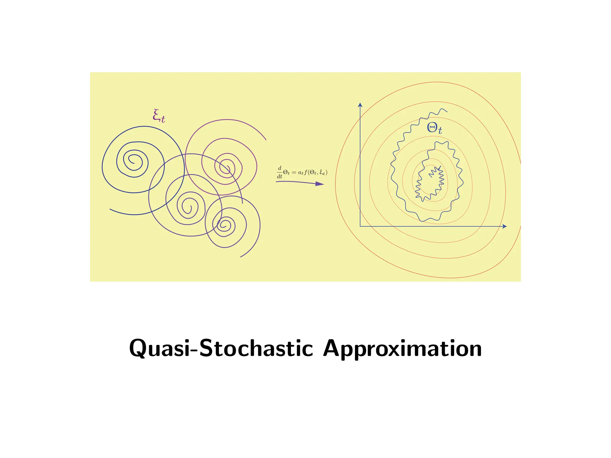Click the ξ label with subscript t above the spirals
click(159, 116)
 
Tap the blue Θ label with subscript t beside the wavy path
click(434, 128)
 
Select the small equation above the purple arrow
click(302, 172)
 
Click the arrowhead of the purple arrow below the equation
click(320, 184)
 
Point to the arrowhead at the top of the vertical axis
click(360, 105)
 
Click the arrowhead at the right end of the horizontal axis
click(504, 226)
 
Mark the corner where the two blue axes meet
click(360, 226)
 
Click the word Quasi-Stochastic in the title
click(221, 348)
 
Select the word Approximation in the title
click(402, 348)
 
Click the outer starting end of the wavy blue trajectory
click(447, 112)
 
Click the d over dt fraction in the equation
click(280, 172)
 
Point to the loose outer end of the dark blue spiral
click(110, 209)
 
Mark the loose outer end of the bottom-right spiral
click(241, 257)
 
